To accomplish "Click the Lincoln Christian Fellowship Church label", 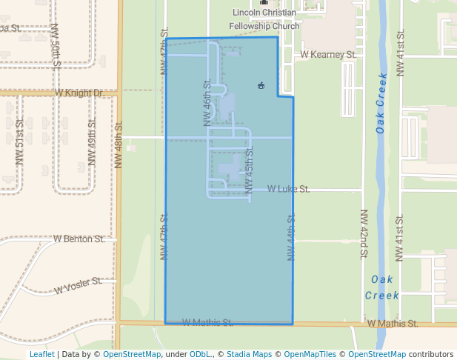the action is (x=264, y=19).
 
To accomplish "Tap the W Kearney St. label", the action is (x=329, y=55).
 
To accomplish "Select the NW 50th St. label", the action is (x=56, y=46).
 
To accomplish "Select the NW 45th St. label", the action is (x=250, y=170).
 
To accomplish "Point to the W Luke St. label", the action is (x=289, y=190).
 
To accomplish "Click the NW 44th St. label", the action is (x=292, y=237).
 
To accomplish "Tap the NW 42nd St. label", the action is (x=364, y=234).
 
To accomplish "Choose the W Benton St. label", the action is (x=79, y=239).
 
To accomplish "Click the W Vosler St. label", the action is (x=78, y=285).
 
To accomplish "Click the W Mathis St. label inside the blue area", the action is (x=207, y=322).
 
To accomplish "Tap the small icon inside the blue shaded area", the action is (x=261, y=86).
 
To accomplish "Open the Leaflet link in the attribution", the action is (x=41, y=355).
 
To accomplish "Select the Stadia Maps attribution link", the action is (x=249, y=355).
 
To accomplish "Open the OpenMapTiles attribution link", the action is (x=315, y=355).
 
